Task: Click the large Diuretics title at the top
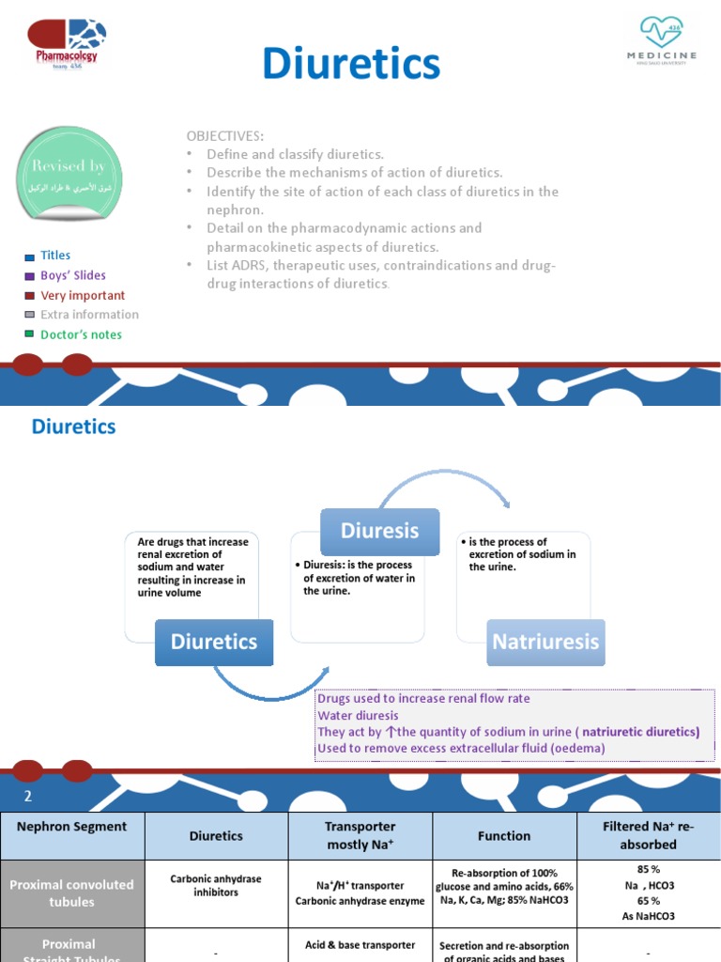point(351,64)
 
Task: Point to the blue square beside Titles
point(30,256)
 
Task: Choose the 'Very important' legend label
point(83,295)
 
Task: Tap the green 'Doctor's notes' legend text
point(81,334)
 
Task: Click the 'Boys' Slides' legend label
point(73,275)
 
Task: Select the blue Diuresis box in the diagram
point(379,531)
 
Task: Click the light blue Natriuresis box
point(545,642)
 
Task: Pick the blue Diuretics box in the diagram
point(213,642)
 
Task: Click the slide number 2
point(28,797)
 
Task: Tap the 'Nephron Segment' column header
point(72,827)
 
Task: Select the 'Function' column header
point(504,835)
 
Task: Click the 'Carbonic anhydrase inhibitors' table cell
point(216,886)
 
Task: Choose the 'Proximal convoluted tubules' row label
point(72,892)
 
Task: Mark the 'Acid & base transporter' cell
point(360,944)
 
